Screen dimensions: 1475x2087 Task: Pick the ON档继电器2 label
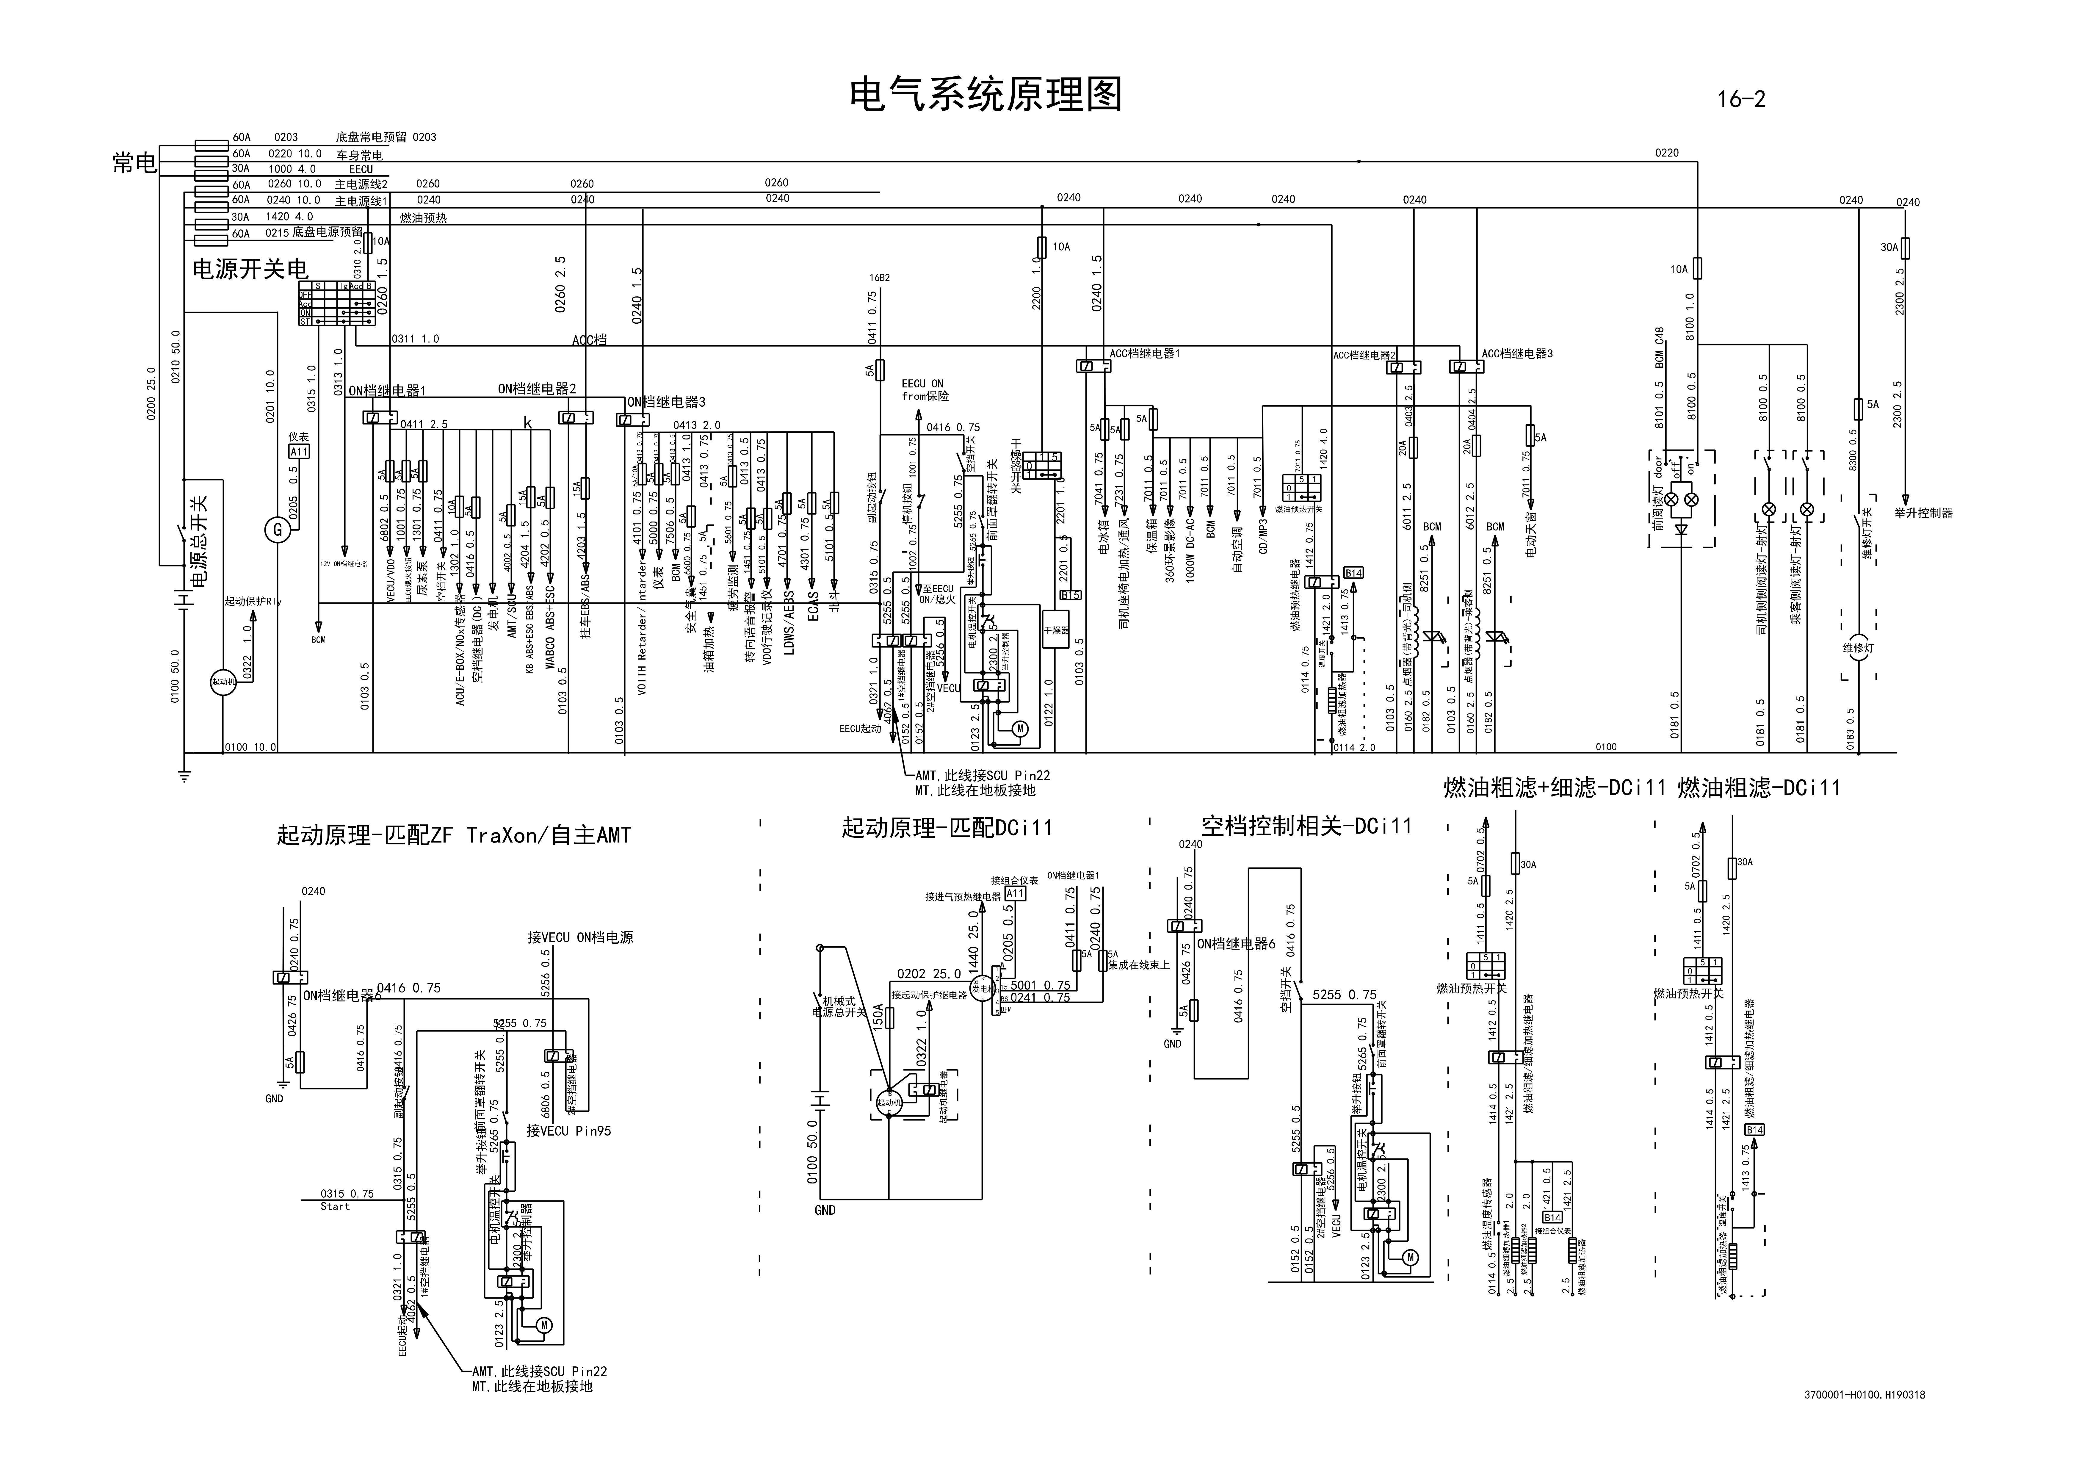coord(536,389)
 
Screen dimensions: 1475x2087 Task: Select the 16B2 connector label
coord(879,277)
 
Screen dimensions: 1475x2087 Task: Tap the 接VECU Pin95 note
coord(569,1131)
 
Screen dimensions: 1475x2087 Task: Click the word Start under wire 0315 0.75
coord(335,1207)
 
